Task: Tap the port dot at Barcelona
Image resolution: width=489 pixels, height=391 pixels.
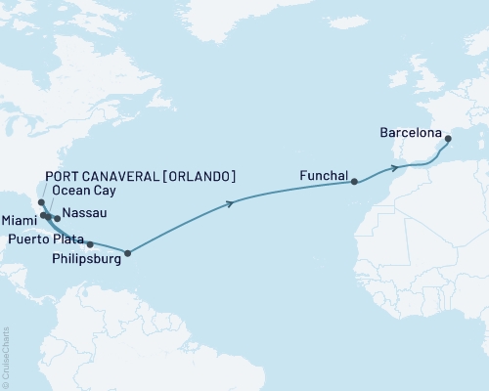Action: pyautogui.click(x=449, y=139)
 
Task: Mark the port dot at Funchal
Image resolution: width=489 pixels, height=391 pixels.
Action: pyautogui.click(x=354, y=181)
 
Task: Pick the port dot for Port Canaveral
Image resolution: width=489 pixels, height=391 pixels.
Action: pyautogui.click(x=40, y=203)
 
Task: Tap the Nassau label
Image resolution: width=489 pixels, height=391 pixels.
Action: pyautogui.click(x=84, y=212)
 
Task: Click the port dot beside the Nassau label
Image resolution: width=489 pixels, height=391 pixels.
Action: pyautogui.click(x=57, y=218)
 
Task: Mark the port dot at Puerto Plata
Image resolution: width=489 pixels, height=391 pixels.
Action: pyautogui.click(x=90, y=243)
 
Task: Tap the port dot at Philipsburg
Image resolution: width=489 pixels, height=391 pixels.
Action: pyautogui.click(x=127, y=253)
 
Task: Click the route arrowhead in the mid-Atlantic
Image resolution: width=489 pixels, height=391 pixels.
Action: pyautogui.click(x=231, y=203)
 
